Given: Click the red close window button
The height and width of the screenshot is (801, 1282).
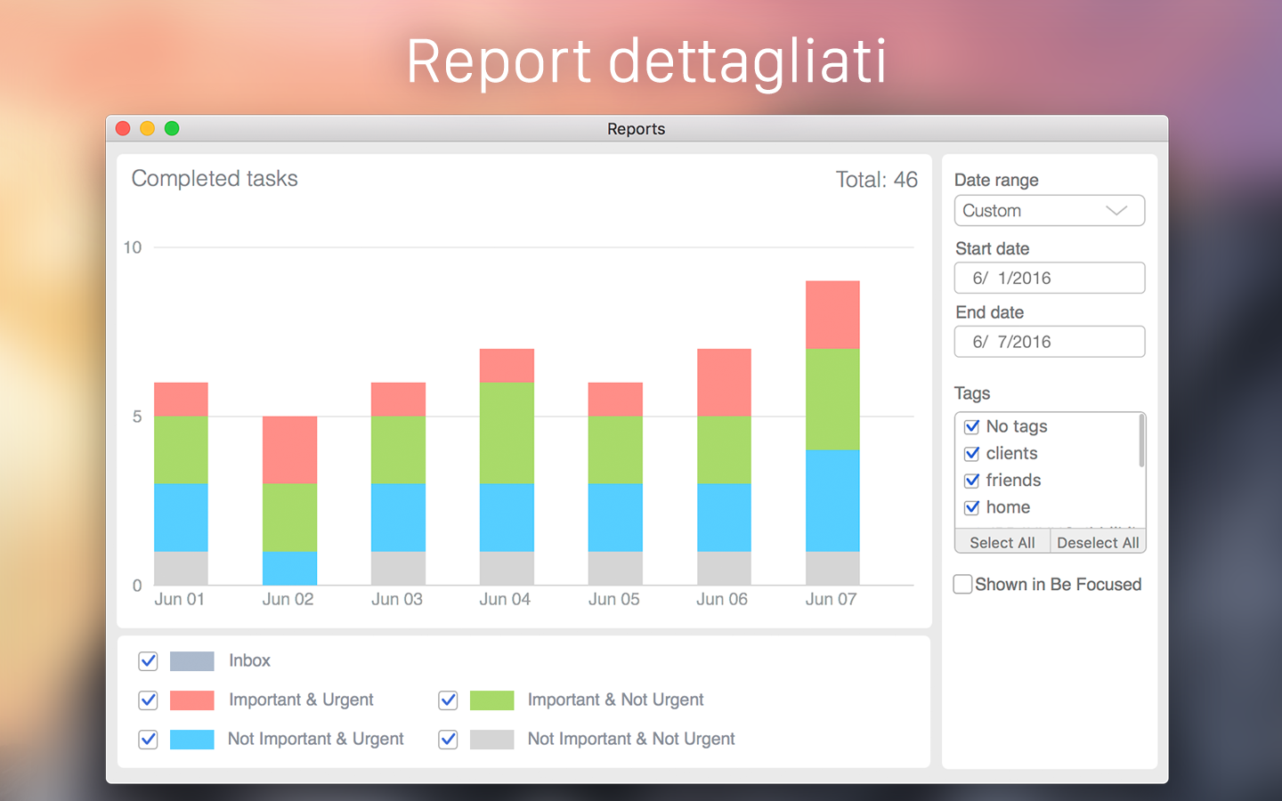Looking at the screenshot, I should tap(123, 128).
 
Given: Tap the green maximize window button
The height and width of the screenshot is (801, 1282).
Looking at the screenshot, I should tap(172, 128).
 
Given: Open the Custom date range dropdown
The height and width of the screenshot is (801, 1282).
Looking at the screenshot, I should tap(1049, 211).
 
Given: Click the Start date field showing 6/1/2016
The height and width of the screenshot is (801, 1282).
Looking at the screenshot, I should tap(1049, 278).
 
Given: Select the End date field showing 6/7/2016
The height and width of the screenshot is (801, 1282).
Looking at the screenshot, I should tap(1049, 342).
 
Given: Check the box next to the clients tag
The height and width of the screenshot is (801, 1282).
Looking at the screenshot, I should tap(972, 454).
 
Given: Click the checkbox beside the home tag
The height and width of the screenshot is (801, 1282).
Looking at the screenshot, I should tap(972, 507).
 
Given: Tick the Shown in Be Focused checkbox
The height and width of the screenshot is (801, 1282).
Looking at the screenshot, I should tap(962, 585).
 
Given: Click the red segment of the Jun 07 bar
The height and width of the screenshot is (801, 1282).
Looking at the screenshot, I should tap(832, 314).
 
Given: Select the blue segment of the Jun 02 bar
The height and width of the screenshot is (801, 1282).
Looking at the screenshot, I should tap(289, 568).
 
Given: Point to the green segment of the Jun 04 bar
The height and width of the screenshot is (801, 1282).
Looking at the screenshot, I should tap(507, 433).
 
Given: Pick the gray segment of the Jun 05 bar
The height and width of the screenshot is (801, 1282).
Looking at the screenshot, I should tap(615, 568).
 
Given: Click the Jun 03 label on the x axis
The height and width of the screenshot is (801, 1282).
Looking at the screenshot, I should tap(397, 599).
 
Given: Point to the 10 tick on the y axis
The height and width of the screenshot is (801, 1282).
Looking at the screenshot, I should tap(133, 247).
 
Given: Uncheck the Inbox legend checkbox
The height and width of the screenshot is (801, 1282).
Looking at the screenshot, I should tap(148, 661).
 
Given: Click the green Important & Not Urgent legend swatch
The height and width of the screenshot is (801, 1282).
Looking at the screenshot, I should tap(491, 700).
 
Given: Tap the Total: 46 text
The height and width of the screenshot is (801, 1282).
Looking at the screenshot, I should tap(876, 180).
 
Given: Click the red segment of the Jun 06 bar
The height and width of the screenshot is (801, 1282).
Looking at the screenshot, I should tap(724, 382).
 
